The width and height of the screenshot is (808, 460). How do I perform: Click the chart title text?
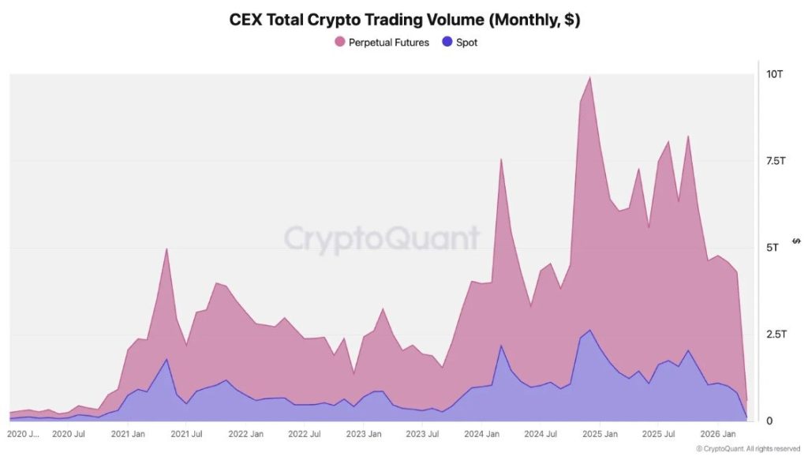404,21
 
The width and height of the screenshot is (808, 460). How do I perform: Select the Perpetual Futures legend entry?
382,43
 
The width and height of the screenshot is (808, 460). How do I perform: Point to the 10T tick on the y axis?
774,74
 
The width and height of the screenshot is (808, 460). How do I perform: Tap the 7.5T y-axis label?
774,161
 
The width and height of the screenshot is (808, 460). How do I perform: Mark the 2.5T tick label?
774,335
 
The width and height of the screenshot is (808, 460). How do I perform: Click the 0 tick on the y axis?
769,421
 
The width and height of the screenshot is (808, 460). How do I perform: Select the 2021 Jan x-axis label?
127,435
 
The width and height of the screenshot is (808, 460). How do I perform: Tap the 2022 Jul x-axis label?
304,435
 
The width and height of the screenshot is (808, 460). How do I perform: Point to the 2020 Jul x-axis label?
68,435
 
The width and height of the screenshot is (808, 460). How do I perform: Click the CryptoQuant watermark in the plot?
382,237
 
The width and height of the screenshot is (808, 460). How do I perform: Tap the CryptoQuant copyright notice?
749,449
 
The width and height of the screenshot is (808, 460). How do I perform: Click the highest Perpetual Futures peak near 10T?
590,77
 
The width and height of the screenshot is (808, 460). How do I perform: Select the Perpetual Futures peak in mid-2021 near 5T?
166,249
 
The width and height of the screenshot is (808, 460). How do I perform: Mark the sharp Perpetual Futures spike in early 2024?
501,159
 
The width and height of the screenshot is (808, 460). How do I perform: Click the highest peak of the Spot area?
590,330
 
